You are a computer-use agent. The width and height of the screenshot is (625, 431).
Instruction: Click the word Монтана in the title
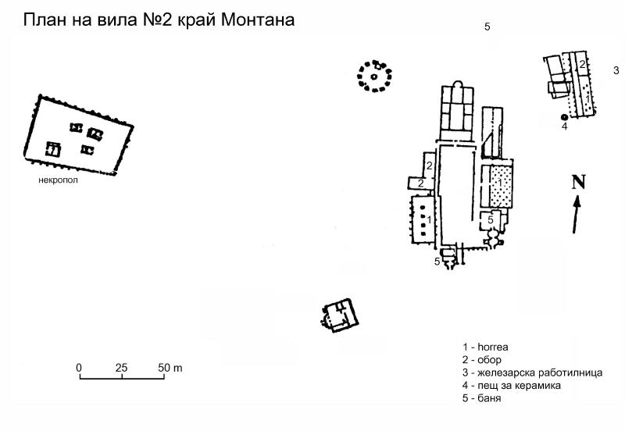tap(258, 20)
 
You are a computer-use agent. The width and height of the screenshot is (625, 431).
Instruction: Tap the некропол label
tap(58, 180)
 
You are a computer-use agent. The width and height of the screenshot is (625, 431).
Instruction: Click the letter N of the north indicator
tap(579, 182)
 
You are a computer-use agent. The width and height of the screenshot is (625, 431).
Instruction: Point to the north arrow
tap(576, 214)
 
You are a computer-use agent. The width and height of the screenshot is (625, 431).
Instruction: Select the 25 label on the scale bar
tap(122, 368)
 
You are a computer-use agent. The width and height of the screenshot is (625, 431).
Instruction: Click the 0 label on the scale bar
tap(79, 368)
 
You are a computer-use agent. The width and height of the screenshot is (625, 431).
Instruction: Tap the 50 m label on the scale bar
tap(170, 368)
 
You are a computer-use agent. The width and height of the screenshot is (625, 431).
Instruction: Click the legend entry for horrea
tap(485, 347)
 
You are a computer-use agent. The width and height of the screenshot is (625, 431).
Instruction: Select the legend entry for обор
tap(481, 360)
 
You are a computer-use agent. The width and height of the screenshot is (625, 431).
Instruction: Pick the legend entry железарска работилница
tap(532, 373)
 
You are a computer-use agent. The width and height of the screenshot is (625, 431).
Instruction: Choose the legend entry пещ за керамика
tap(512, 386)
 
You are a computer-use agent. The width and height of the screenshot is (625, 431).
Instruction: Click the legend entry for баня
tap(481, 398)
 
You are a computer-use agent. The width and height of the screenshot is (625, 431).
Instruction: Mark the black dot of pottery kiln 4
tap(564, 117)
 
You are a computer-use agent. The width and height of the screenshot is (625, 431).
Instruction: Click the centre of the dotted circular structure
tap(374, 76)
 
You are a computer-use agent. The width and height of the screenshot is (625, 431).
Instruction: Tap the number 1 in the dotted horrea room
tap(501, 182)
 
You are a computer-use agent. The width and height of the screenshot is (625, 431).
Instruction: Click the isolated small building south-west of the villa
tap(340, 315)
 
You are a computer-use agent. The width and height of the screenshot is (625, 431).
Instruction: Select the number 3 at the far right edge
tap(616, 70)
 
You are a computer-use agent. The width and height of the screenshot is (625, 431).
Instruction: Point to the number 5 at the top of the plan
tap(487, 27)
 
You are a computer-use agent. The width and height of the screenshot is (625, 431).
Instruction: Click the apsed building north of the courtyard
tap(457, 110)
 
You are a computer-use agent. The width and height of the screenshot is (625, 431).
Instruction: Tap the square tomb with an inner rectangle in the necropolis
tap(53, 150)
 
